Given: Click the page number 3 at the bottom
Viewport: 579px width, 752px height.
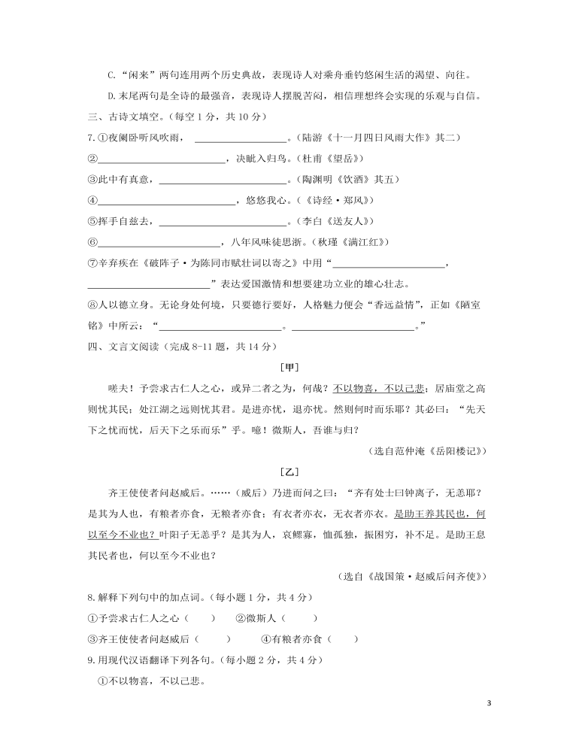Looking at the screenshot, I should tap(489, 703).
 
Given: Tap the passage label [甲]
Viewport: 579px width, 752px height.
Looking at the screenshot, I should tap(289, 367).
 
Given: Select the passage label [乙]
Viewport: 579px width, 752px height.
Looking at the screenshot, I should tap(289, 472).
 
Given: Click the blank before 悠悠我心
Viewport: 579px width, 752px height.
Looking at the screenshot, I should tap(167, 201).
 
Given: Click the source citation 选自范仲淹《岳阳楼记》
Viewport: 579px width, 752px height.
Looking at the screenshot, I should tap(429, 450).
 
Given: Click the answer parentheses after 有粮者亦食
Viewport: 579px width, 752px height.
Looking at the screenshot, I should tap(343, 639).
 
